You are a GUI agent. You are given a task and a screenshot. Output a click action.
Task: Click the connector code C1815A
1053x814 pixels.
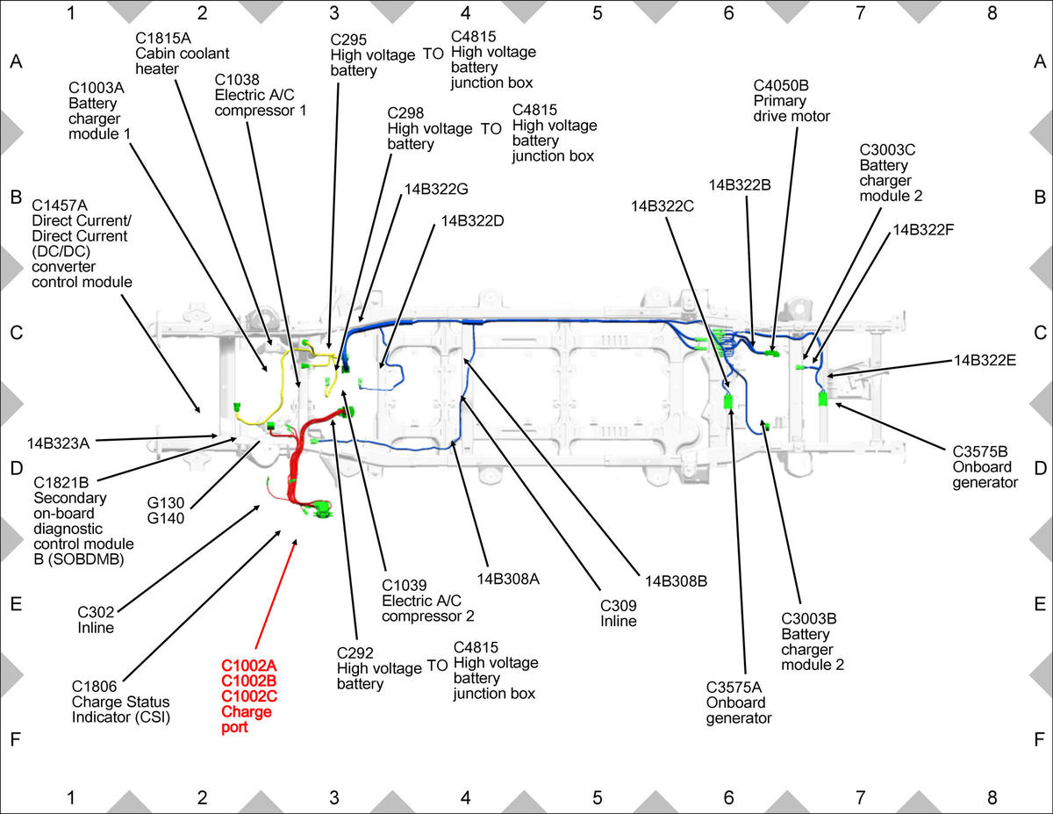tap(163, 39)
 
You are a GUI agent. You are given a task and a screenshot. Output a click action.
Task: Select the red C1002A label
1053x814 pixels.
tap(249, 666)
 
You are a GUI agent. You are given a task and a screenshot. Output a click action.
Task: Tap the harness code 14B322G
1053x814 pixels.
tap(436, 189)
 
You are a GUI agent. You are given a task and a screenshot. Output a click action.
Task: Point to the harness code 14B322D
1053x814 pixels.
tap(472, 221)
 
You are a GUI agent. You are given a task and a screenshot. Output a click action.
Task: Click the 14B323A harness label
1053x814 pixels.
tap(58, 443)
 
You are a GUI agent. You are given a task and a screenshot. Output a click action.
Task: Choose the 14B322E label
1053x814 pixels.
tap(985, 360)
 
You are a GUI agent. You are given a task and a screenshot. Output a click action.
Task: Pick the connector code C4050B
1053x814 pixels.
tap(781, 85)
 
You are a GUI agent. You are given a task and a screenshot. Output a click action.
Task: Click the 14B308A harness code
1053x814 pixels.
tap(508, 579)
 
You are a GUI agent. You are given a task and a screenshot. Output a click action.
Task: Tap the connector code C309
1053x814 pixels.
tap(619, 606)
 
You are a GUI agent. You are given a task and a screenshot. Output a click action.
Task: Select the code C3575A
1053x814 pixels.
tap(734, 687)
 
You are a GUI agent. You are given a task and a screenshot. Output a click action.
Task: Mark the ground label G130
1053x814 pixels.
tap(166, 503)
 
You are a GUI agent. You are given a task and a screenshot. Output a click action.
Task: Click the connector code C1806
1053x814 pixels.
tap(94, 687)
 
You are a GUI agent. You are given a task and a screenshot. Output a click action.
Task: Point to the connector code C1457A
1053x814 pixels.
tap(60, 205)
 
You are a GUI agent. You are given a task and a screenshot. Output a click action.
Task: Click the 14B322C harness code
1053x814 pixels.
tap(662, 206)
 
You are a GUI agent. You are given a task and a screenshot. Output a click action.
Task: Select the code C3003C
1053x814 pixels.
tap(887, 150)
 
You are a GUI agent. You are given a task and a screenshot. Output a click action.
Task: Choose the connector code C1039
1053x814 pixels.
tap(405, 585)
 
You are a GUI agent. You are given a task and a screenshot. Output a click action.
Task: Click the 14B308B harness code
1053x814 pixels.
tap(676, 581)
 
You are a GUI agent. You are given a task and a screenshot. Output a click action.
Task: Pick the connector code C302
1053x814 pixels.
tap(96, 612)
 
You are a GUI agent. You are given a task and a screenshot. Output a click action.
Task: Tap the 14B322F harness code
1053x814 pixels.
tap(923, 230)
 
